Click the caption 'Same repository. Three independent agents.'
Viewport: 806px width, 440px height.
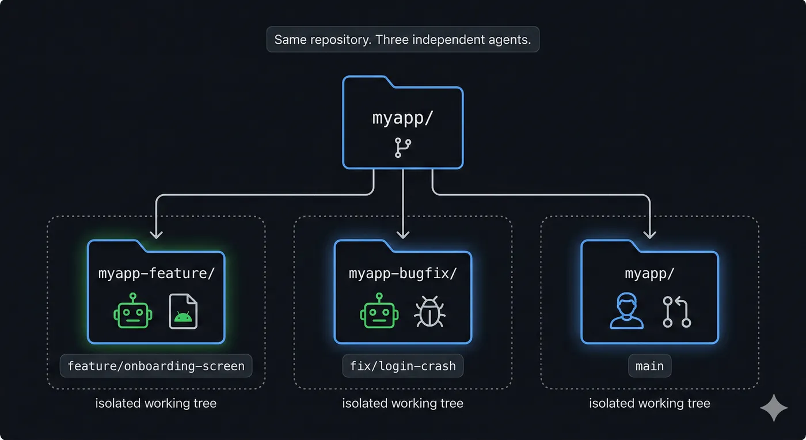[x=402, y=40]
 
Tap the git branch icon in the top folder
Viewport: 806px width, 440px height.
[x=403, y=147]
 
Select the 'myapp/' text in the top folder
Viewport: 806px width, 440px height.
[x=402, y=119]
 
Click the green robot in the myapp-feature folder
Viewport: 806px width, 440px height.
[x=133, y=312]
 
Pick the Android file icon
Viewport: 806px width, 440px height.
[x=183, y=312]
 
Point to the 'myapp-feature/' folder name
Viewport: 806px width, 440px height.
[x=156, y=273]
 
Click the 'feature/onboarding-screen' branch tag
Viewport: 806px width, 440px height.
[x=156, y=366]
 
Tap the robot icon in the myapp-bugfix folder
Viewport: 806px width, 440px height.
[x=379, y=312]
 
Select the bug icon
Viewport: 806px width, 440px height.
[x=429, y=312]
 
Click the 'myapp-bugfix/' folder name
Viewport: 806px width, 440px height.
[x=402, y=273]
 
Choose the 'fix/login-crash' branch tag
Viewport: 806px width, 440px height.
[x=402, y=366]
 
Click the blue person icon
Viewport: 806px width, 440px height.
[x=626, y=312]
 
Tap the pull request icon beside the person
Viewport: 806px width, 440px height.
[x=676, y=312]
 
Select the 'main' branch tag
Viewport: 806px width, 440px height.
[x=649, y=366]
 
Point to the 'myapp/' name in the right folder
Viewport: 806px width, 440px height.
[x=649, y=273]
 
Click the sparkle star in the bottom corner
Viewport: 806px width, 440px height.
[x=774, y=408]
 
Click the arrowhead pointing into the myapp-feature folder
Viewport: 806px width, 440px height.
[x=156, y=234]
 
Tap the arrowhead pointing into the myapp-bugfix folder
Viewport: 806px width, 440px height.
[x=403, y=234]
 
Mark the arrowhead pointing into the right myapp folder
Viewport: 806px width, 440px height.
[x=650, y=234]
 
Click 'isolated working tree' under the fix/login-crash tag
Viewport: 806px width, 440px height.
[x=402, y=403]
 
